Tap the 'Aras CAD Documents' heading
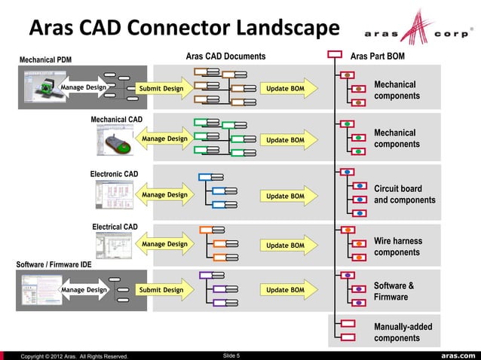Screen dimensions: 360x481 tap(225, 56)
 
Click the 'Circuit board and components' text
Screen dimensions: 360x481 tap(404, 194)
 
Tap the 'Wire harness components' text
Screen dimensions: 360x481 tap(398, 246)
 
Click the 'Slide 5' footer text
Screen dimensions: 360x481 tap(227, 355)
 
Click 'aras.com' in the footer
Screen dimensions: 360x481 tap(454, 355)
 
